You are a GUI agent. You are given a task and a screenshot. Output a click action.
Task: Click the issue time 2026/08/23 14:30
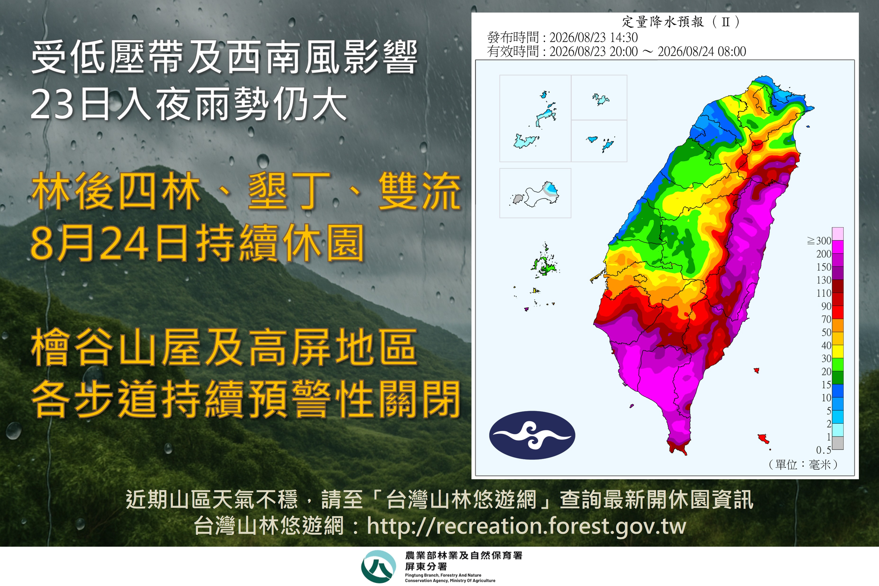tap(593, 37)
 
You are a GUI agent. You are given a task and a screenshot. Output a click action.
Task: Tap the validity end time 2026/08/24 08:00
tap(702, 51)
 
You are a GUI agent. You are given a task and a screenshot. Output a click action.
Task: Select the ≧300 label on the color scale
tap(819, 241)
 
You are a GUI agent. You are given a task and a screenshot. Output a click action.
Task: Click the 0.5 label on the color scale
tap(824, 450)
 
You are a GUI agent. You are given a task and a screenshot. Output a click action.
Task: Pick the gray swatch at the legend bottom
tap(838, 443)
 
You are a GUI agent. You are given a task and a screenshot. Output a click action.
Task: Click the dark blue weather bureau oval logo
tap(532, 435)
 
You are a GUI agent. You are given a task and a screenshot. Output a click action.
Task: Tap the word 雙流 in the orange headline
tap(420, 191)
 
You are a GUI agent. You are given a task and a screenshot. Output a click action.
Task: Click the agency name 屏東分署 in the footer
tap(426, 567)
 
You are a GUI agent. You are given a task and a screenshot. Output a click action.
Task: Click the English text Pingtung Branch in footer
tap(422, 575)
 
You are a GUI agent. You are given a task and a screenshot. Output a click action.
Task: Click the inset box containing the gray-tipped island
tap(535, 193)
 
